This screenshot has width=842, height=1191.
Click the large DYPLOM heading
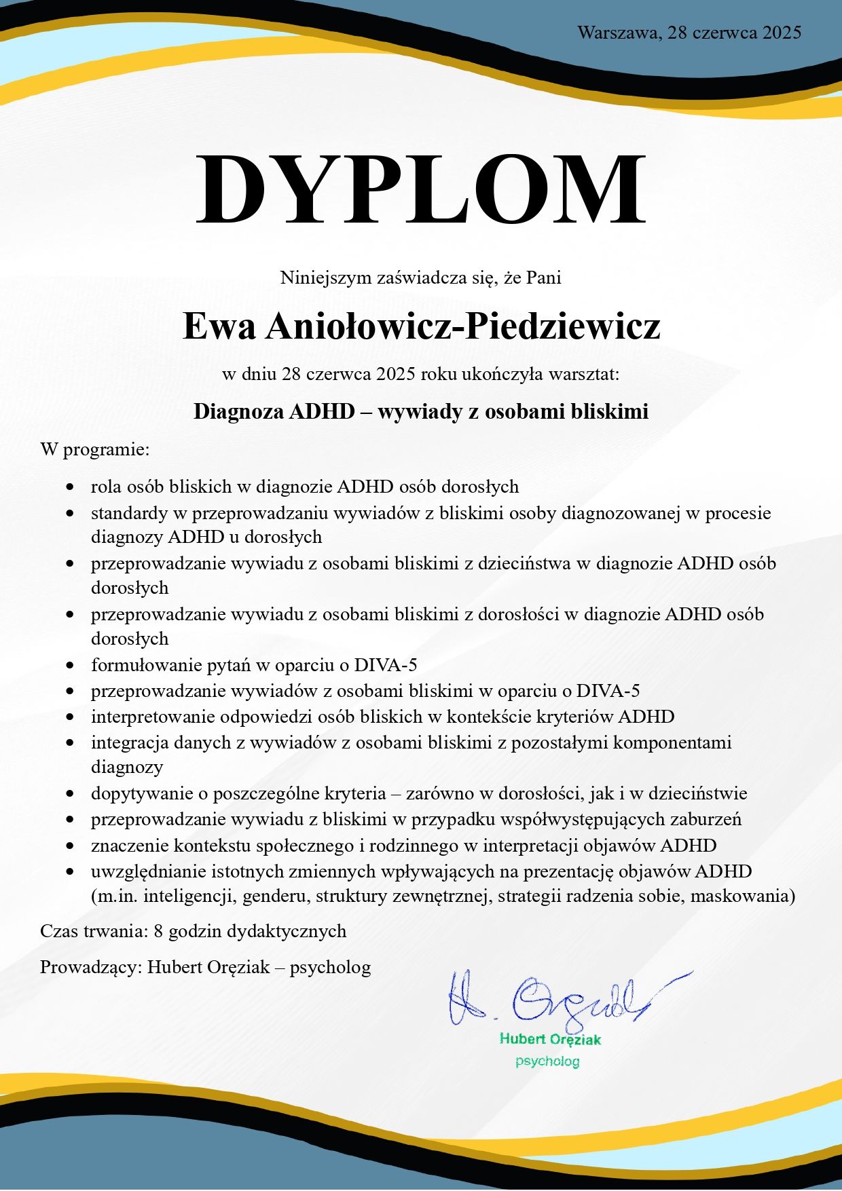coord(420,189)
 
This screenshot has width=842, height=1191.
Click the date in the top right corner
coord(689,32)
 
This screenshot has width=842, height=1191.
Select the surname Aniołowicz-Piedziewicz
coord(462,326)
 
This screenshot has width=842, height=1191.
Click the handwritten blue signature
coord(557,998)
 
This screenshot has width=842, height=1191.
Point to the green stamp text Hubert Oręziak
coord(550,1039)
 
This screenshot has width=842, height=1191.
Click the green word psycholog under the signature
coord(547,1061)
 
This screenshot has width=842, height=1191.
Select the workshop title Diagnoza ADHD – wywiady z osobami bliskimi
coord(420,411)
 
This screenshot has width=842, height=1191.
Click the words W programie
coord(94,449)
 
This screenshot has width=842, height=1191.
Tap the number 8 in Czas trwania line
coord(158,930)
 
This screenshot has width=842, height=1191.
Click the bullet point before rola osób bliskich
coord(70,487)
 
